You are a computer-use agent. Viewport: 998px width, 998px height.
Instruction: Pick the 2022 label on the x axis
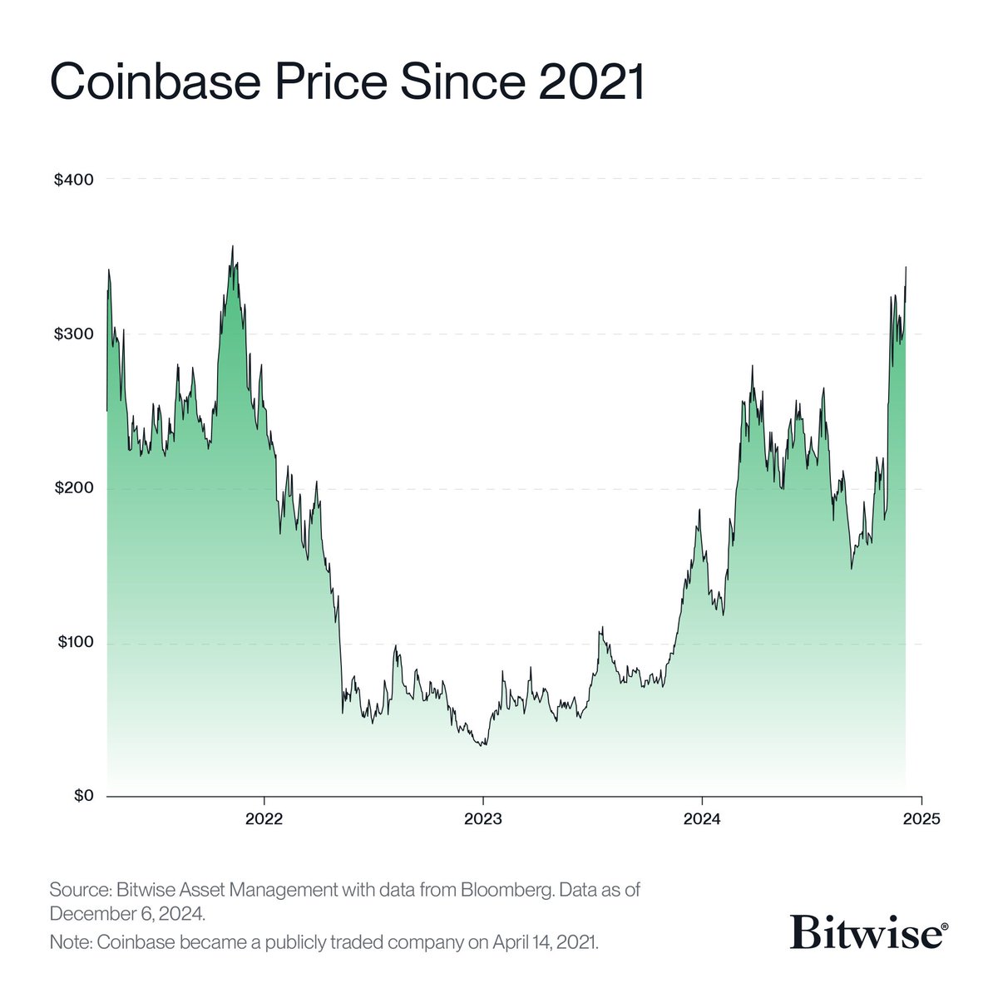pyautogui.click(x=264, y=819)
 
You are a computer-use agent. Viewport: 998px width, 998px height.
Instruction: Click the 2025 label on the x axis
pyautogui.click(x=921, y=819)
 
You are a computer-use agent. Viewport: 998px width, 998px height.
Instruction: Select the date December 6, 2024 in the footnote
pyautogui.click(x=126, y=913)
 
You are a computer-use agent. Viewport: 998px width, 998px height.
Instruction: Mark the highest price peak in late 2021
pyautogui.click(x=232, y=246)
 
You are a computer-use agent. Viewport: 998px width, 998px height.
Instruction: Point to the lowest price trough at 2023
pyautogui.click(x=483, y=745)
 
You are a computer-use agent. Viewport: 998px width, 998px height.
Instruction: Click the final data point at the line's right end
pyautogui.click(x=906, y=267)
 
